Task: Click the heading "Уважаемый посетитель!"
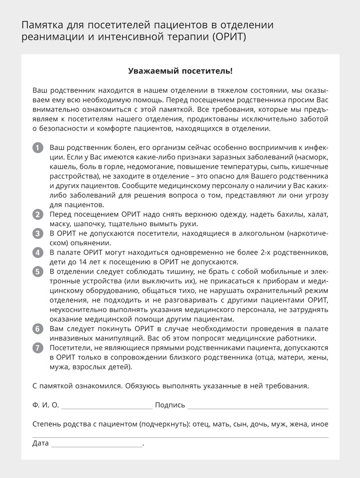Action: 180,71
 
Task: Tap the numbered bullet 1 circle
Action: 38,148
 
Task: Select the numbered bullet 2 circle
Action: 38,215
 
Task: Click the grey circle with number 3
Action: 38,234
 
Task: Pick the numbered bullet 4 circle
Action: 38,253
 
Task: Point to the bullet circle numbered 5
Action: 38,272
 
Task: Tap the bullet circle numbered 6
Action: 38,329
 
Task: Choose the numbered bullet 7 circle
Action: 38,348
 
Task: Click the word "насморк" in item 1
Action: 311,158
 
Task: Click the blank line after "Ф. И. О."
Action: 107,406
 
